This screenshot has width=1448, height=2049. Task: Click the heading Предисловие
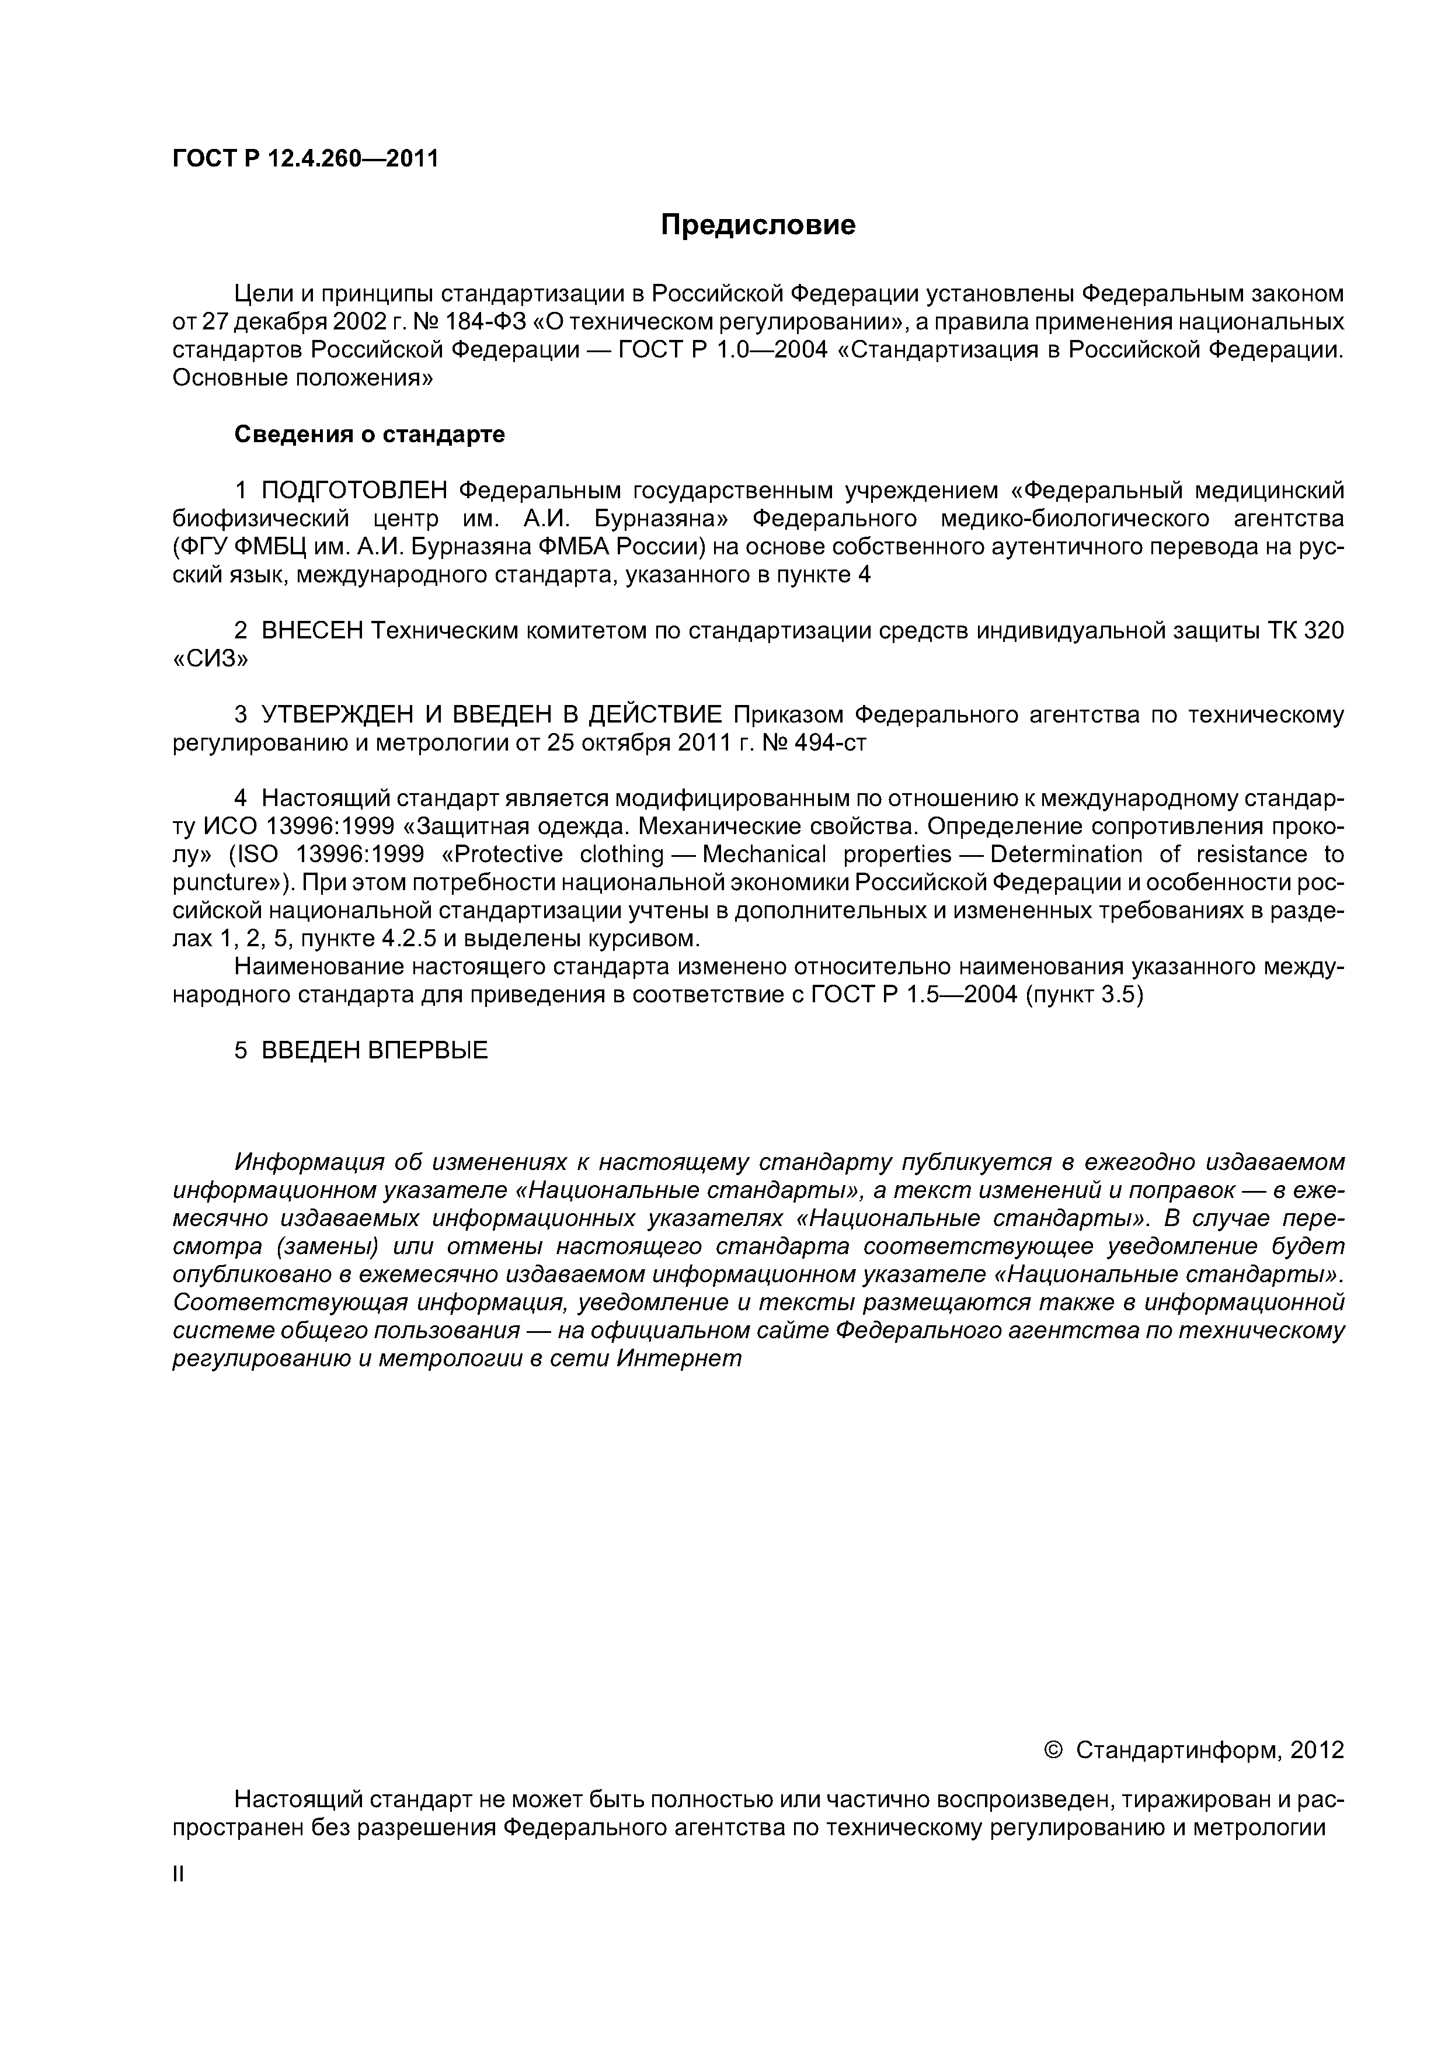pos(757,225)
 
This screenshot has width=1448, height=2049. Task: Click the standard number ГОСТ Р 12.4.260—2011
pos(305,159)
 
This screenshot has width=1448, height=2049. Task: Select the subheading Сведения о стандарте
pos(370,435)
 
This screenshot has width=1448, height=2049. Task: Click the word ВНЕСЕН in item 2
pos(312,631)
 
